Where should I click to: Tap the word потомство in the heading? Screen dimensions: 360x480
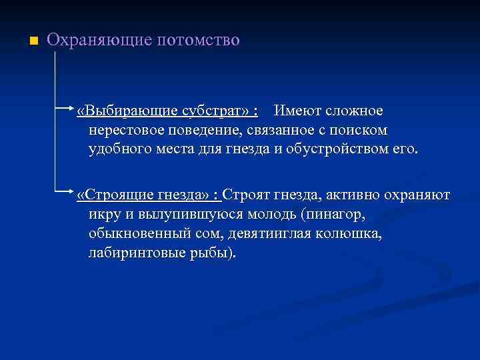pos(198,40)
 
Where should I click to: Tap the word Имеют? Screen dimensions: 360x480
pos(297,109)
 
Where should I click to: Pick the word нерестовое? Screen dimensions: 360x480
pos(125,129)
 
